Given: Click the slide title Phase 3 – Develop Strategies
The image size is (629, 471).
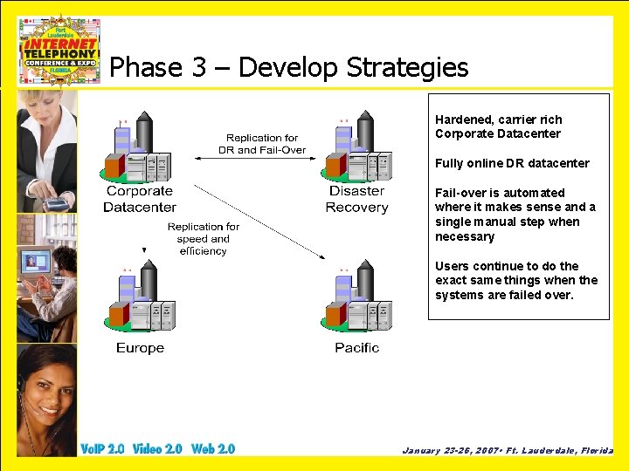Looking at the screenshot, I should (289, 67).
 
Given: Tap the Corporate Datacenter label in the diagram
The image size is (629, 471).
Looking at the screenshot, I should (140, 199).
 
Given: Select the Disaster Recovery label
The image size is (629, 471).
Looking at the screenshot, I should (356, 199).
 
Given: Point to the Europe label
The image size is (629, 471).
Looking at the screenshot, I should (140, 348).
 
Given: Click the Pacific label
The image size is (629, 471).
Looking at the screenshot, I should (356, 348).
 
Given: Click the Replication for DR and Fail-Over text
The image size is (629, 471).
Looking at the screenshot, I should (262, 144).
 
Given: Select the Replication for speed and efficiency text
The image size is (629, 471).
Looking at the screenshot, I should (204, 239).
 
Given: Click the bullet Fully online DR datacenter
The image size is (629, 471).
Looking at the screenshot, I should (512, 163).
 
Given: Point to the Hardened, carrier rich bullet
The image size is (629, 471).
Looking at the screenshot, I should (499, 119).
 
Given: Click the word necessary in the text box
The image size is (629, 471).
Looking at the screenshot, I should (465, 236).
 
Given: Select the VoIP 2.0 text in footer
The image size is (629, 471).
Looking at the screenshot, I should (102, 449).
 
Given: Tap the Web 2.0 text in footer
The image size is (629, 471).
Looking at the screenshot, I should (213, 449).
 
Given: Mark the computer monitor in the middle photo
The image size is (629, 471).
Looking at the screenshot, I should (32, 262).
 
